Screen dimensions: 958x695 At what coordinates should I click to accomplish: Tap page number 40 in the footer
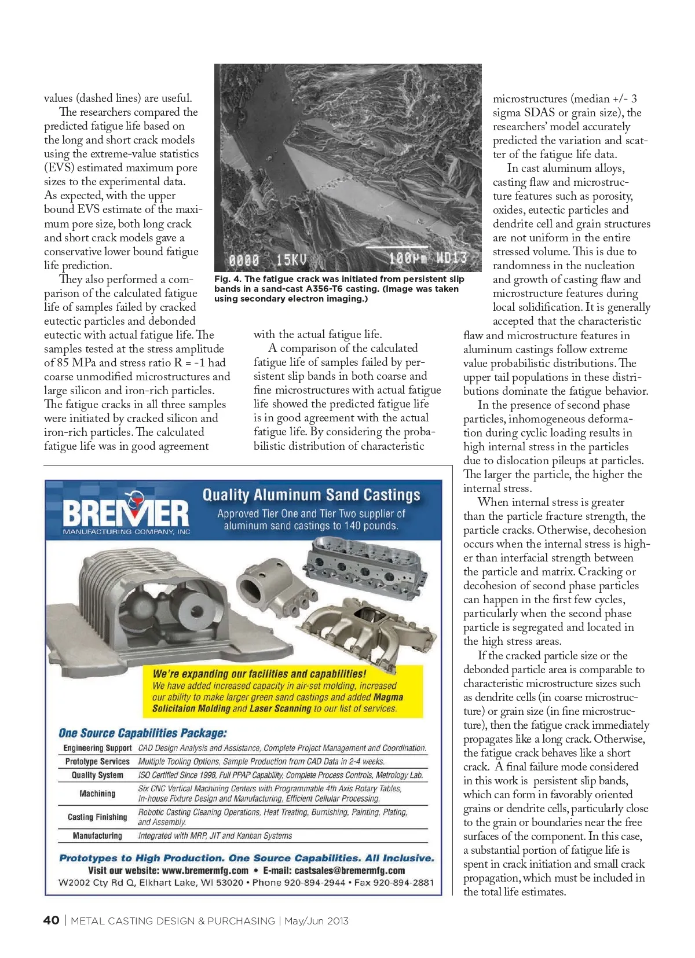51,920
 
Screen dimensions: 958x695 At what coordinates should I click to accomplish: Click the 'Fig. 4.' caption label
228,279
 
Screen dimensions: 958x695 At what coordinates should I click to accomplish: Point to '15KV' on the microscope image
291,259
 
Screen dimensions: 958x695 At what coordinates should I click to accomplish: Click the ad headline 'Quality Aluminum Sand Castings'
311,495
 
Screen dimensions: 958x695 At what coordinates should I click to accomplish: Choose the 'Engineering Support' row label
97,748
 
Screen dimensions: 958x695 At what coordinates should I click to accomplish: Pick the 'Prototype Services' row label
97,762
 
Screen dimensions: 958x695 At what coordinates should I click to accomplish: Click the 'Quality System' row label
97,775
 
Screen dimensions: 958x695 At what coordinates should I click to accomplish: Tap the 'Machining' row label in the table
97,794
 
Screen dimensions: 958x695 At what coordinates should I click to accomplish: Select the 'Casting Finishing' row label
97,817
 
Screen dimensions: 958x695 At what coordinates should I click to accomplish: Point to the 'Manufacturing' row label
97,836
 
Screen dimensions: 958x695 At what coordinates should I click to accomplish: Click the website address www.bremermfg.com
205,871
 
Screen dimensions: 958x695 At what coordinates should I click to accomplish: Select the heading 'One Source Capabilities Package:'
142,733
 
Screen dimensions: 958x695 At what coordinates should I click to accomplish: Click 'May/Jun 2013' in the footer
316,921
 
